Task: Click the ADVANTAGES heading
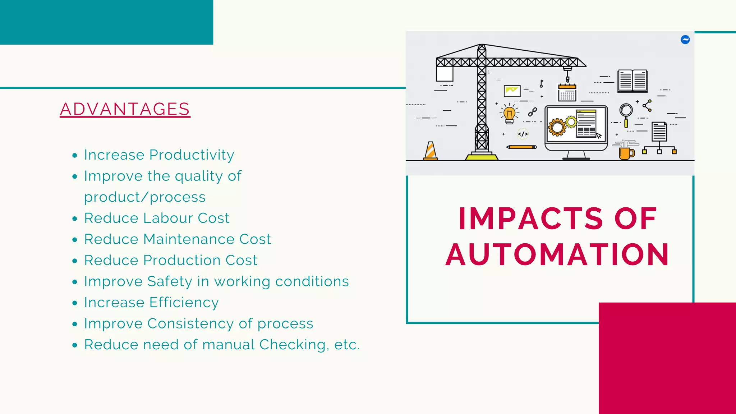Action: (x=125, y=109)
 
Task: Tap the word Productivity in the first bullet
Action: (x=192, y=155)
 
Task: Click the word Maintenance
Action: (x=189, y=239)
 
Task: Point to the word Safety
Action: (x=170, y=281)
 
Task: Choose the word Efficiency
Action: (x=184, y=303)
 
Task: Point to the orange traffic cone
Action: (x=431, y=151)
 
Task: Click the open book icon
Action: (x=632, y=81)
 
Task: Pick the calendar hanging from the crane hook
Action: (x=567, y=92)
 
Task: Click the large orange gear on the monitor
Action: (x=557, y=127)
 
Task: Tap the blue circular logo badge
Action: (x=685, y=40)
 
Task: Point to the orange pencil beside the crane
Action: (x=521, y=147)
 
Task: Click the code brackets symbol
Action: (x=523, y=134)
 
